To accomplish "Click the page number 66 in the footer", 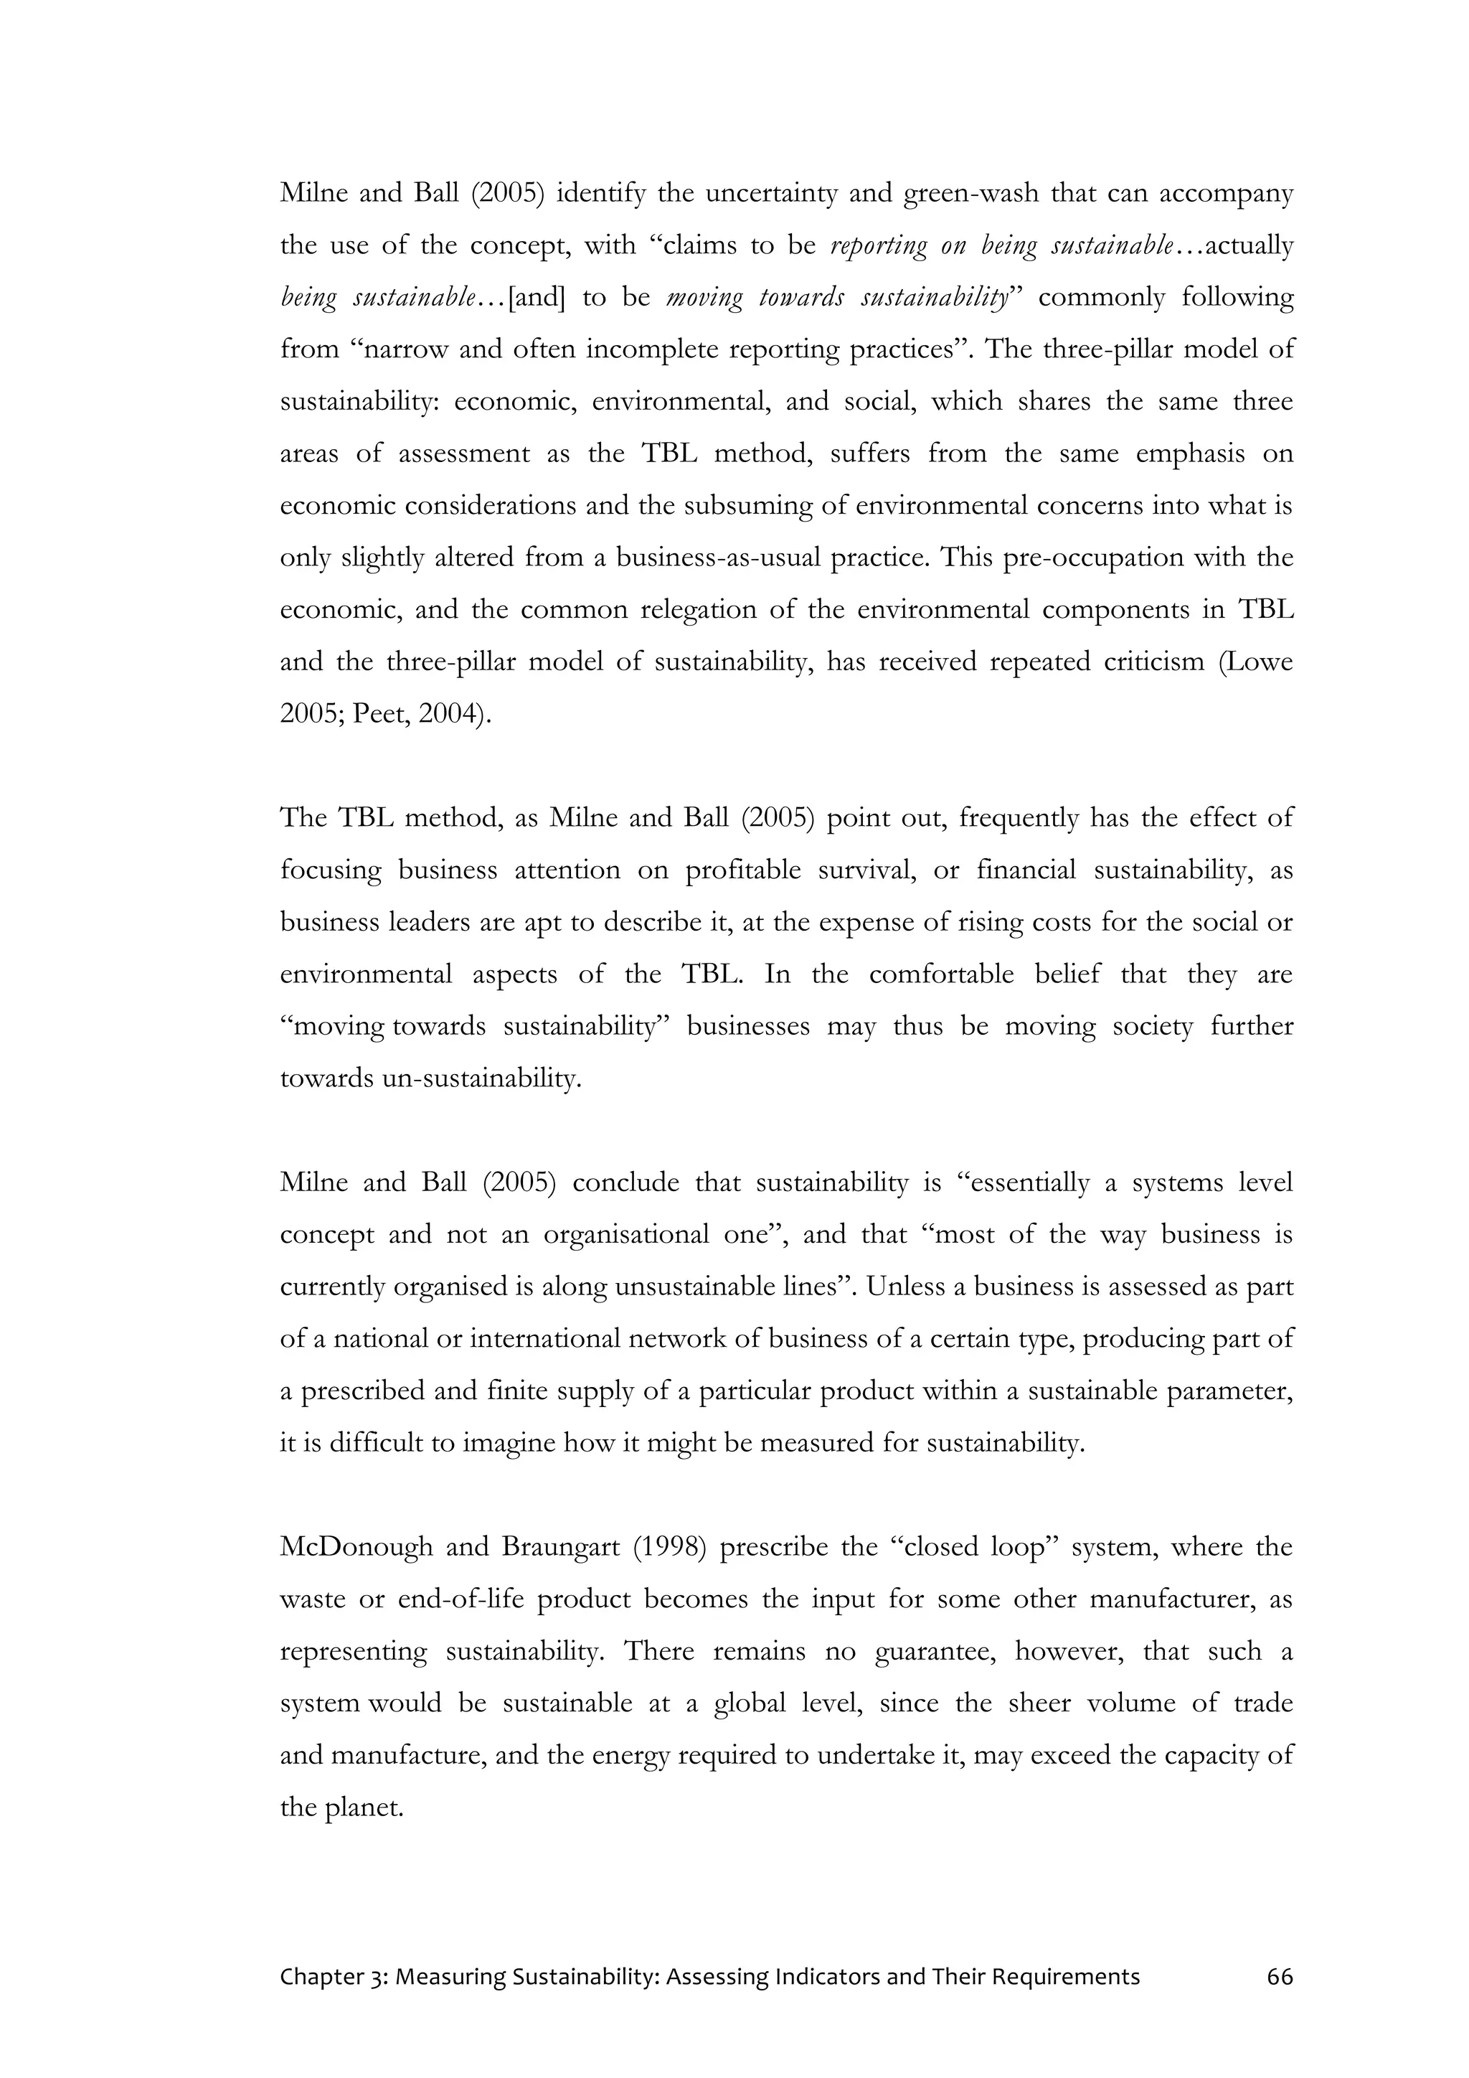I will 1280,1977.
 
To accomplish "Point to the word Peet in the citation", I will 378,714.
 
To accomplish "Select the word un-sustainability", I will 479,1078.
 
